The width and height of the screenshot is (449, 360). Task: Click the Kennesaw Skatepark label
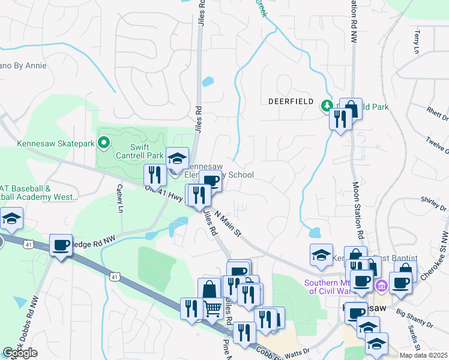(56, 143)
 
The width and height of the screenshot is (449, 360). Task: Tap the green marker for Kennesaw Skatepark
(104, 143)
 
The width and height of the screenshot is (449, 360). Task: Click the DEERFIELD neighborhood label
(291, 101)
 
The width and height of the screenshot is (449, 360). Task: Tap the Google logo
(20, 353)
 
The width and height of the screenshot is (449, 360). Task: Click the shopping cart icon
(213, 308)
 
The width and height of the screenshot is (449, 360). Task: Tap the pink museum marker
(378, 283)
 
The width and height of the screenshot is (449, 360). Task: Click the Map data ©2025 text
(423, 355)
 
